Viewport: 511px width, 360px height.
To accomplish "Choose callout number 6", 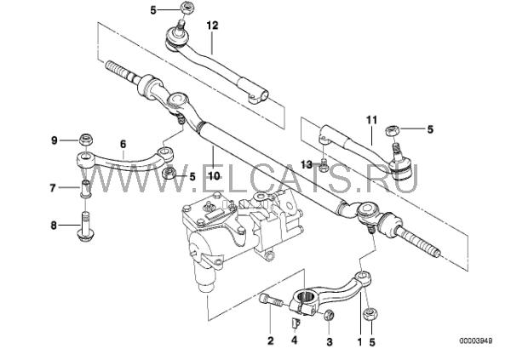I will tap(123, 145).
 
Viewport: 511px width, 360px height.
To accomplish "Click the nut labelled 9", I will tap(85, 139).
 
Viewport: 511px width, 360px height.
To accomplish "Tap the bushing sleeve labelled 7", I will tap(86, 186).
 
